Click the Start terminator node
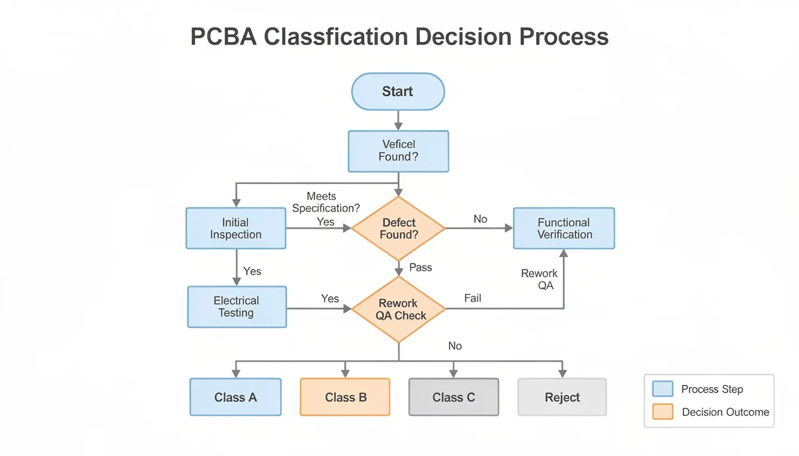(398, 91)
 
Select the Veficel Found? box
(398, 151)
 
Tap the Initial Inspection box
(235, 228)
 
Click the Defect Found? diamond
(398, 228)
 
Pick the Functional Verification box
(564, 228)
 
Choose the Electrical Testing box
(237, 306)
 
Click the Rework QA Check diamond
(398, 309)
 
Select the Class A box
(235, 397)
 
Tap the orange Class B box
(345, 397)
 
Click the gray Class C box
(454, 397)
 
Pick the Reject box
(562, 397)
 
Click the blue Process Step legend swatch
(662, 389)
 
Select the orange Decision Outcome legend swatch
(662, 411)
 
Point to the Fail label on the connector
(473, 298)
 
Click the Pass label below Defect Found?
(420, 267)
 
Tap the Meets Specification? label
(325, 202)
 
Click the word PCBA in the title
(224, 37)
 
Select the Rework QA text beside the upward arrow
(539, 279)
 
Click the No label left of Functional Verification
(480, 219)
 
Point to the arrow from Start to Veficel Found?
(398, 121)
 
